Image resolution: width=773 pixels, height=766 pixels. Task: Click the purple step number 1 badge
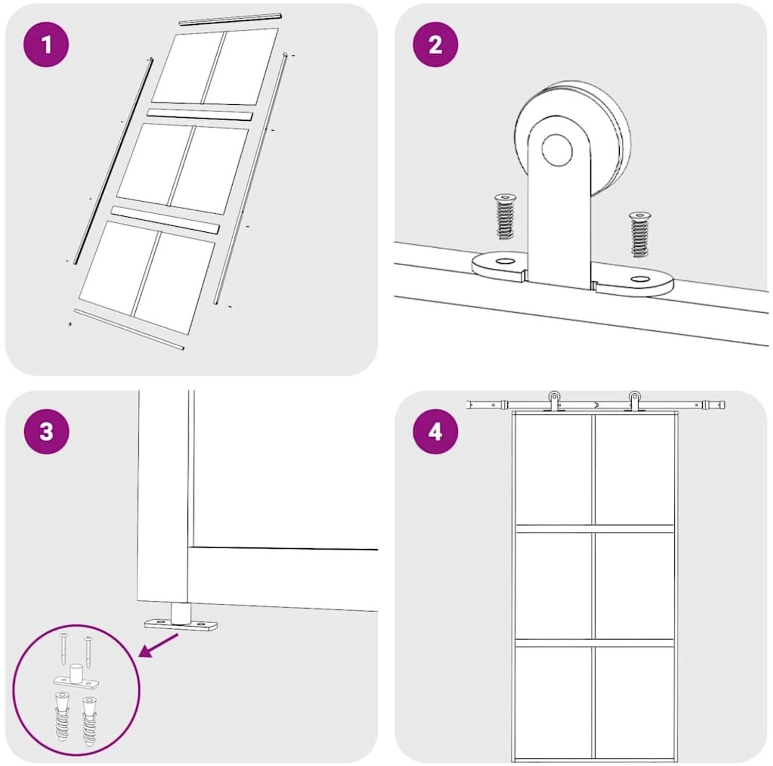click(x=46, y=44)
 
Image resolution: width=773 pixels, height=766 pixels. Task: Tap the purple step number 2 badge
click(x=436, y=44)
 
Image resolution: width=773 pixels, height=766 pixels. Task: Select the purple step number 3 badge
click(x=46, y=431)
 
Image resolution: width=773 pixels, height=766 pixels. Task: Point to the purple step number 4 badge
click(x=436, y=431)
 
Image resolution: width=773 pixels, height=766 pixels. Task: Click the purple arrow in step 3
click(x=159, y=646)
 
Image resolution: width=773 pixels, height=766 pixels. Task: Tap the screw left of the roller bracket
click(x=504, y=217)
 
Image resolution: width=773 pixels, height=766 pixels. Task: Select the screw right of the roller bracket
click(x=640, y=234)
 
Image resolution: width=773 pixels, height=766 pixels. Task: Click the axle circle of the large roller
click(x=557, y=150)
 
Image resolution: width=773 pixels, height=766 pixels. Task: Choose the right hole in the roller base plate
click(x=641, y=279)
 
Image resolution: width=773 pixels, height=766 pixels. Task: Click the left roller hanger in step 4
click(x=553, y=402)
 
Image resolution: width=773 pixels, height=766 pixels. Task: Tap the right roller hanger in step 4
click(x=634, y=402)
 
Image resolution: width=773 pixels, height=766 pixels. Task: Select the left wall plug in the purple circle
click(x=61, y=717)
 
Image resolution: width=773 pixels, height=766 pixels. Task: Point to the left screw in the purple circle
click(x=63, y=648)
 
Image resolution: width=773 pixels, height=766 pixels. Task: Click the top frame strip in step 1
click(x=230, y=19)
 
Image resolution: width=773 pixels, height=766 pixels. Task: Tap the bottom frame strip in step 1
click(x=129, y=329)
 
